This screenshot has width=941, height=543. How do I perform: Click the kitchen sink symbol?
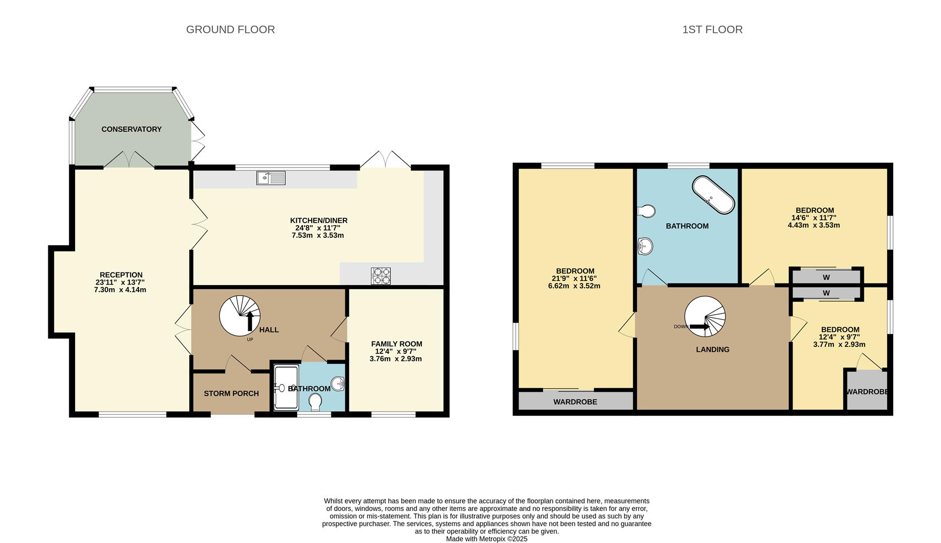tap(270, 177)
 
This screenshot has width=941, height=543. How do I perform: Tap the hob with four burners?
tap(381, 276)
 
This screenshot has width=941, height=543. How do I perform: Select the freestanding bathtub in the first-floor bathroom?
tap(713, 195)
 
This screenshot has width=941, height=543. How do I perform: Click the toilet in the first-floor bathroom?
tap(646, 211)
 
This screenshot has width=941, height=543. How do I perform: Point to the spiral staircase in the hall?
tap(240, 316)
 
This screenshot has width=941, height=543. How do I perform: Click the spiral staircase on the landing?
tap(705, 316)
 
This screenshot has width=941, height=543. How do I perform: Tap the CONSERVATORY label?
tap(131, 129)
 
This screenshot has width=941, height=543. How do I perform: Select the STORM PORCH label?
tap(231, 393)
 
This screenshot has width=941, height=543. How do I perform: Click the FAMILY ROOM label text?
tap(396, 344)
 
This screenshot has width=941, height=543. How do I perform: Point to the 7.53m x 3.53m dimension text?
tap(318, 235)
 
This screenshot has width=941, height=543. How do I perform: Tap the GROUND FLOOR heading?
tap(230, 30)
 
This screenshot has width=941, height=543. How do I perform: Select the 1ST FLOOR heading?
tap(712, 30)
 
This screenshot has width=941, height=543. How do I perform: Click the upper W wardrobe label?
tap(826, 278)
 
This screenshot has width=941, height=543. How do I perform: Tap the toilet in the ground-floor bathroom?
tap(316, 402)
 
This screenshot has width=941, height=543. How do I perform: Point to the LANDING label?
tap(712, 349)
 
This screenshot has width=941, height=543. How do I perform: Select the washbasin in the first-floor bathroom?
tap(645, 246)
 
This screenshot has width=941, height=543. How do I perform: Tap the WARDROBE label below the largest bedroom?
tap(575, 402)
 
